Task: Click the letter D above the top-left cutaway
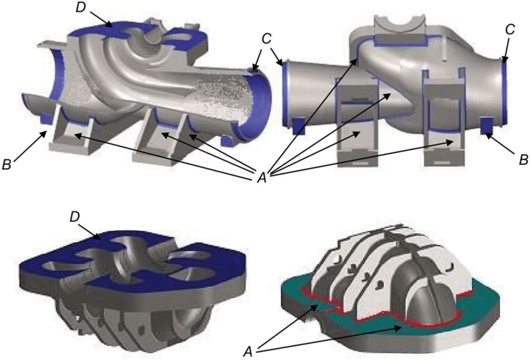point(81,8)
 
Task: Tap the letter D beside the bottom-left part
point(75,217)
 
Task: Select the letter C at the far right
point(510,30)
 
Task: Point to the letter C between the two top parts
point(267,39)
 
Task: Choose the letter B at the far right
point(524,160)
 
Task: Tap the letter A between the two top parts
point(262,178)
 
